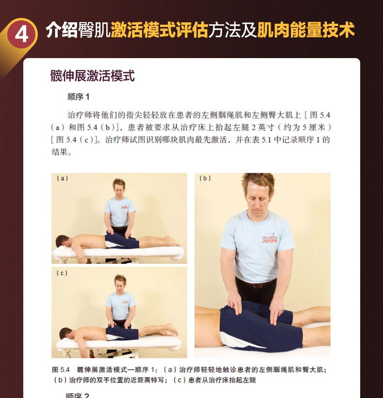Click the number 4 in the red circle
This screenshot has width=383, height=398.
point(21,35)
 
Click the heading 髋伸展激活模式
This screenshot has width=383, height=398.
point(93,76)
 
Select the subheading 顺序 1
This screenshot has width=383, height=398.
point(78,97)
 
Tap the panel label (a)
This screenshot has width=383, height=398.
point(62,178)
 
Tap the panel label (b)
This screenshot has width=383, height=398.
point(205,178)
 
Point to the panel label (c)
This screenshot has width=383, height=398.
point(62,273)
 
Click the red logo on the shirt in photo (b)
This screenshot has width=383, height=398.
point(270,239)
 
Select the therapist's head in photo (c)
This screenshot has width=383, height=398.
point(120,282)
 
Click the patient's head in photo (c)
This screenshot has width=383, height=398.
point(66,333)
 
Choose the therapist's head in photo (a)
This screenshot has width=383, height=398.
point(119,187)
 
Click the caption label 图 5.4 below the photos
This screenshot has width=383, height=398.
point(61,369)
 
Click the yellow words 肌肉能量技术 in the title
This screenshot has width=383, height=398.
point(306,30)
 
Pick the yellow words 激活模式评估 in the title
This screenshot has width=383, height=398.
point(160,30)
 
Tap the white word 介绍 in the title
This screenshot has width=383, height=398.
point(62,30)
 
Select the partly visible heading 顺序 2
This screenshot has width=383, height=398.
point(77,395)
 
